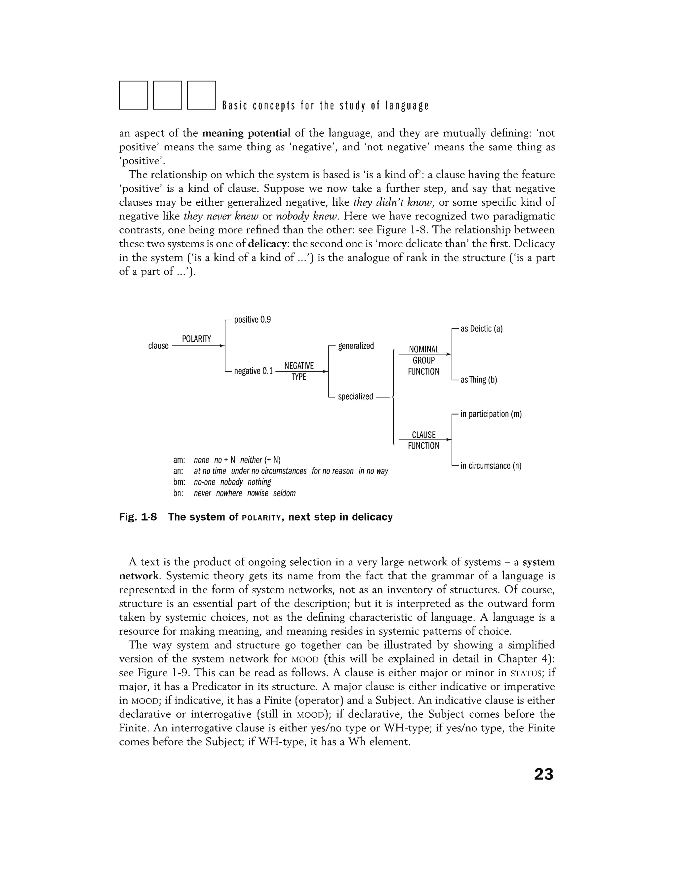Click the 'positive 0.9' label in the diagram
pyautogui.click(x=252, y=320)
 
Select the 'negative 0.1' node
pyautogui.click(x=253, y=371)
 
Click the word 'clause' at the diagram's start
pyautogui.click(x=158, y=346)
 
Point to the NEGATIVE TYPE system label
pyautogui.click(x=299, y=371)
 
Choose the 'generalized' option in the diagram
pyautogui.click(x=356, y=346)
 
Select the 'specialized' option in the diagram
pyautogui.click(x=355, y=397)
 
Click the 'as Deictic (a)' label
pyautogui.click(x=481, y=329)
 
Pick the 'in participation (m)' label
pyautogui.click(x=491, y=414)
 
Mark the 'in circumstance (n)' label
pyautogui.click(x=491, y=466)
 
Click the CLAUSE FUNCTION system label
pyautogui.click(x=423, y=440)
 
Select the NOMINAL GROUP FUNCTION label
pyautogui.click(x=423, y=360)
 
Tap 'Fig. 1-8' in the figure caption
pyautogui.click(x=138, y=517)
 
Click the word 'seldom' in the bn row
pyautogui.click(x=284, y=493)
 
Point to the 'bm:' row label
pyautogui.click(x=179, y=482)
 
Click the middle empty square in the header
pyautogui.click(x=168, y=95)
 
